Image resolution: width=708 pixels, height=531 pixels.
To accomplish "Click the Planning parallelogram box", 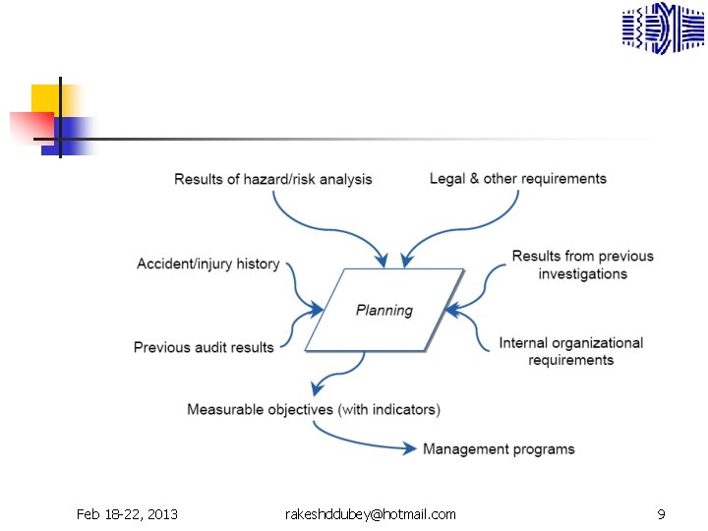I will tap(383, 311).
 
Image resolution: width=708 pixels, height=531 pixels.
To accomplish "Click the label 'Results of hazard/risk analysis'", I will tap(273, 179).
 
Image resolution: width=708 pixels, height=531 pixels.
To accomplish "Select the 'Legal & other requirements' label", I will tap(518, 179).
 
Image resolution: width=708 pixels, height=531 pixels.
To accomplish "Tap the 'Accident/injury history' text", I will tap(208, 265).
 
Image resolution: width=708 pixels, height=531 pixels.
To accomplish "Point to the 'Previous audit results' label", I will tap(204, 347).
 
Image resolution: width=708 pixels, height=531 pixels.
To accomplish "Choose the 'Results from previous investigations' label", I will tap(582, 265).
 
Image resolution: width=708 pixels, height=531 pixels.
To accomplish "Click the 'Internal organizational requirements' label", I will tap(570, 351).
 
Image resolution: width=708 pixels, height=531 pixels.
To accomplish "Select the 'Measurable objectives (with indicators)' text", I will tap(314, 409).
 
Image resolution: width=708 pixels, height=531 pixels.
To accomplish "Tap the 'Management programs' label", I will tap(499, 449).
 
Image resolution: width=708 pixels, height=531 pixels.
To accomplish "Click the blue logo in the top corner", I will tap(663, 28).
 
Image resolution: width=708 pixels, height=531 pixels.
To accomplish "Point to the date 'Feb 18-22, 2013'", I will tap(127, 514).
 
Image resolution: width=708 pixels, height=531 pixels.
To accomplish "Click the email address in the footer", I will tap(370, 514).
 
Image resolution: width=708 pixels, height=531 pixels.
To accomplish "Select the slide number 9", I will tap(661, 514).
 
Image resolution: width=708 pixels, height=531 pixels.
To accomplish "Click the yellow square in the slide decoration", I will tap(45, 97).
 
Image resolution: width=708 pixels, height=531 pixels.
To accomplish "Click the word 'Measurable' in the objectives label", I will tap(225, 409).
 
